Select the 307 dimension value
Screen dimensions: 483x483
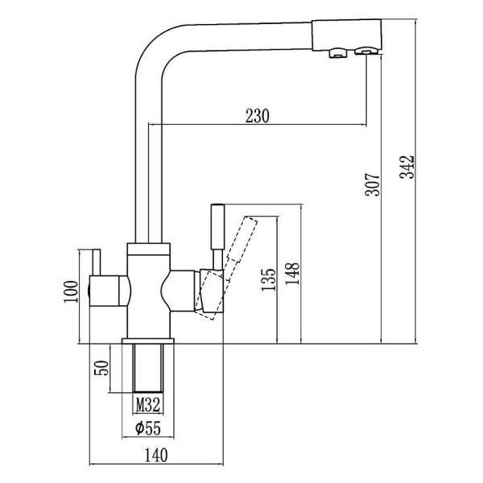(x=371, y=187)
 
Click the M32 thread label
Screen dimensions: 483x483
(x=145, y=402)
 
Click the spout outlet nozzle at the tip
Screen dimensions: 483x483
(x=364, y=53)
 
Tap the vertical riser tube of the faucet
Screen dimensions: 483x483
(x=148, y=161)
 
